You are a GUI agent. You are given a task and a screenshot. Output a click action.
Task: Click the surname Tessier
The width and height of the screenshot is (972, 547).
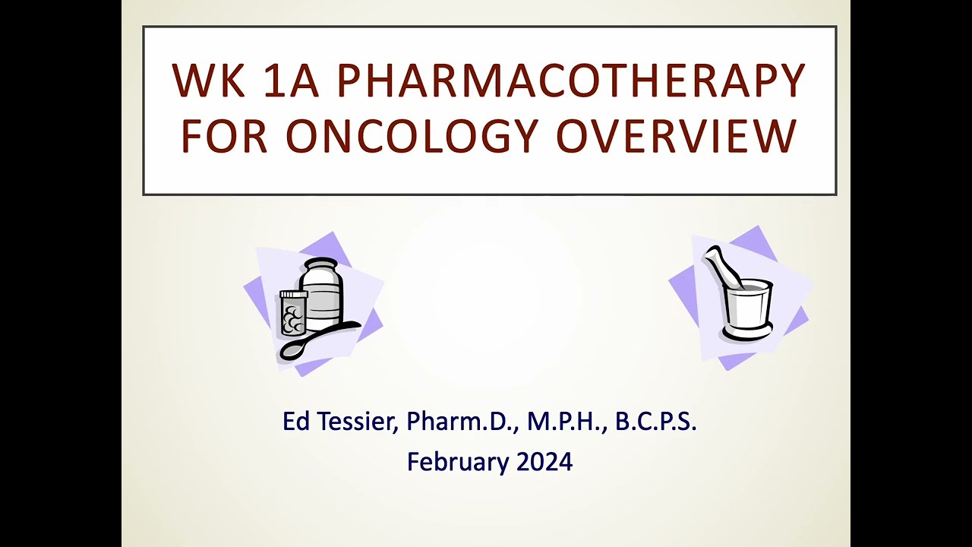(x=355, y=422)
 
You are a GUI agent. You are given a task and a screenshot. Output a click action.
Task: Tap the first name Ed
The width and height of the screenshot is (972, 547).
(x=296, y=422)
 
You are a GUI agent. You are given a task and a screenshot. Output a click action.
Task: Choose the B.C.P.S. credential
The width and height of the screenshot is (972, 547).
(x=656, y=422)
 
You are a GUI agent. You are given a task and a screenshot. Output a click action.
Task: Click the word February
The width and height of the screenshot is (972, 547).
(x=457, y=461)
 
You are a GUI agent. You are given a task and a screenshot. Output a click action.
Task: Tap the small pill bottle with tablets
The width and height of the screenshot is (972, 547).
(x=293, y=313)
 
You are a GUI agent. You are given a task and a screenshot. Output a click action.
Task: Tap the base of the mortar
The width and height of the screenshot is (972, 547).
(x=747, y=332)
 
